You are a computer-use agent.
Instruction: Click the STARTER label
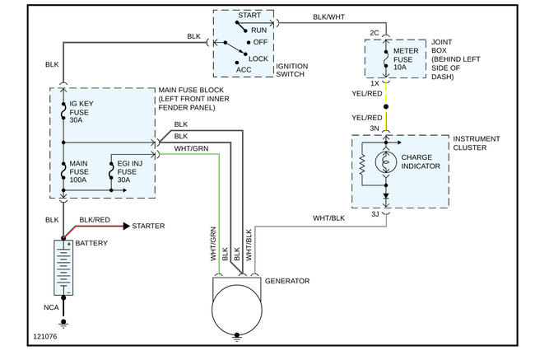pyautogui.click(x=148, y=225)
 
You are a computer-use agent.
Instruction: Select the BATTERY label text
pyautogui.click(x=91, y=245)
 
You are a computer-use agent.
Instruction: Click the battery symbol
pyautogui.click(x=63, y=267)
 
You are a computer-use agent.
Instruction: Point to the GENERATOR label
pyautogui.click(x=287, y=282)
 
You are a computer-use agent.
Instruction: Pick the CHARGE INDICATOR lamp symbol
pyautogui.click(x=384, y=160)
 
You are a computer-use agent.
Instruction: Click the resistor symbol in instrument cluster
pyautogui.click(x=362, y=166)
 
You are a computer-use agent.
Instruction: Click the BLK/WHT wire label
pyautogui.click(x=330, y=16)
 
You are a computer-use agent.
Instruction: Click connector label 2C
pyautogui.click(x=374, y=34)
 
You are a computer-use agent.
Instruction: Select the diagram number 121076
pyautogui.click(x=47, y=336)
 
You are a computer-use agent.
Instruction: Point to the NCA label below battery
pyautogui.click(x=51, y=306)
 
